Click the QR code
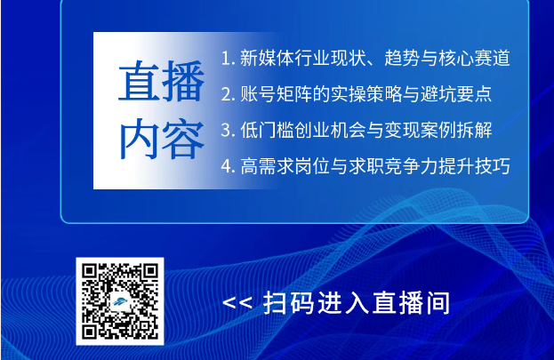120,301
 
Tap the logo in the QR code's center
120,302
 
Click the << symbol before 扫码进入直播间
237,303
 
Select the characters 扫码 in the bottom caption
288,303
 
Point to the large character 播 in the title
183,81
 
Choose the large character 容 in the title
183,139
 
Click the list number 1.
227,59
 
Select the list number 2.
228,95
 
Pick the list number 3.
228,131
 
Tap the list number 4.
228,166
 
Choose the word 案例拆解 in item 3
456,130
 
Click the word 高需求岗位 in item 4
285,166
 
